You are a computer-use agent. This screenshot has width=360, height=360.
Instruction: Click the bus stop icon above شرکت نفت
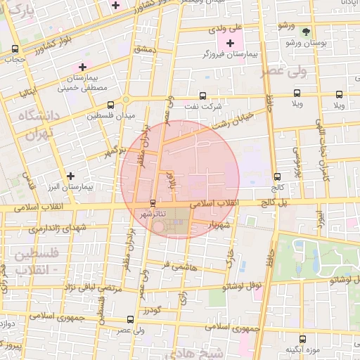click(203, 95)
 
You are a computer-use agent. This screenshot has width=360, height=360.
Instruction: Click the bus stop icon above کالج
click(276, 177)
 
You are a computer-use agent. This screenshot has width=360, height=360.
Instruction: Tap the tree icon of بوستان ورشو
click(305, 32)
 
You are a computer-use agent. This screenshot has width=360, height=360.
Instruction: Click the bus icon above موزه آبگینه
click(302, 338)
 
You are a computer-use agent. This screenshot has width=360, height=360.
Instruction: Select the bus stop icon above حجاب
click(15, 49)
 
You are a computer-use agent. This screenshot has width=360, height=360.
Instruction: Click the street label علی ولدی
click(226, 29)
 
